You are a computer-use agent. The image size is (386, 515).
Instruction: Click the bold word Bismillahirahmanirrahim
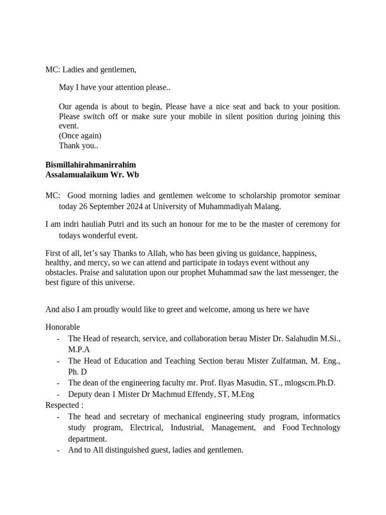tap(90, 165)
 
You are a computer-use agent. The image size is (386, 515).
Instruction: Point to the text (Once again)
tap(80, 136)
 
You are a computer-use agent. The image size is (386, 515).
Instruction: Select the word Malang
tap(267, 206)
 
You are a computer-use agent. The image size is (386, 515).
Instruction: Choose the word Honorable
tap(62, 327)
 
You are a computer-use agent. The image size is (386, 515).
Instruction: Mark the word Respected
tap(62, 405)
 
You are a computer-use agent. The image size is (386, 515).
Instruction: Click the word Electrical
tap(146, 427)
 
